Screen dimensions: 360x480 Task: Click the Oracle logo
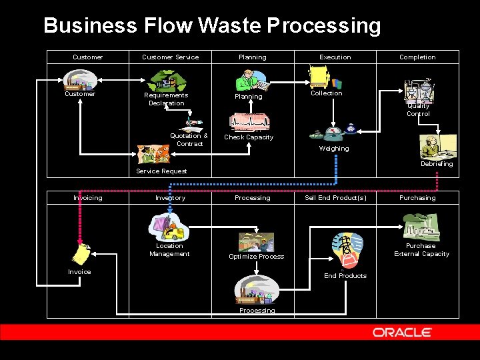point(402,332)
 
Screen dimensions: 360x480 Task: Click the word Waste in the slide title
point(229,26)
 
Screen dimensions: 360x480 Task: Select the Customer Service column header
point(170,57)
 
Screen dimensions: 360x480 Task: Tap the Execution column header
point(335,57)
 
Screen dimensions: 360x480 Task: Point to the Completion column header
point(417,57)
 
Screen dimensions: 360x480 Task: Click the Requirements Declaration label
point(166,99)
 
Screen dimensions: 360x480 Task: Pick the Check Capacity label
point(249,137)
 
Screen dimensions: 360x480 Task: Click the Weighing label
point(334,149)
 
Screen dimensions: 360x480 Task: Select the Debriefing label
point(437,164)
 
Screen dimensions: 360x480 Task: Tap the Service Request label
point(161,171)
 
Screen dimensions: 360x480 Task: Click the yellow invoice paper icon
point(83,253)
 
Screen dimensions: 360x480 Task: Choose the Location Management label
point(169,250)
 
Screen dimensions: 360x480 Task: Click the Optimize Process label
point(256,257)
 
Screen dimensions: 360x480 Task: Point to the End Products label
point(345,276)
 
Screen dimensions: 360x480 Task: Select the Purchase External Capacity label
point(421,250)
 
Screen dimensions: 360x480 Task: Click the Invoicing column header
point(87,198)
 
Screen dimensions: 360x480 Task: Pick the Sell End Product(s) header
point(335,198)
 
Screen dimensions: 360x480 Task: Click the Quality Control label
point(419,110)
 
